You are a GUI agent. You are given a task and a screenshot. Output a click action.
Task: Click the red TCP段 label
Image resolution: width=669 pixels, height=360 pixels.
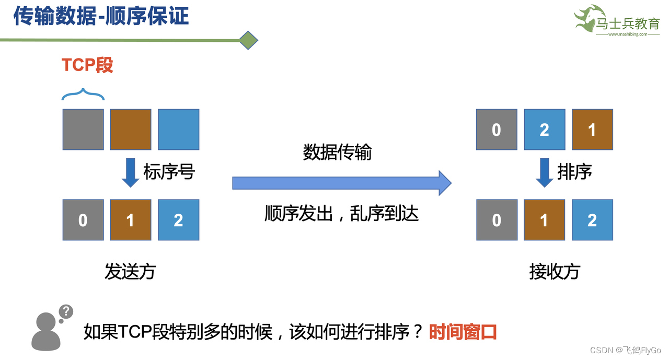coord(87,65)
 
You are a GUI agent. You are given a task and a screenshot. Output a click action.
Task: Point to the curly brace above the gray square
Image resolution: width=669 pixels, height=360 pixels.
coord(83,94)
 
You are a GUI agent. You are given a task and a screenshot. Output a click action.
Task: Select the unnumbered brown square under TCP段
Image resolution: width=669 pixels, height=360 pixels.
coord(131,129)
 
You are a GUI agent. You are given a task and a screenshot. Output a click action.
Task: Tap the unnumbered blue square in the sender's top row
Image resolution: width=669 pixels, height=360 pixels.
coord(178,129)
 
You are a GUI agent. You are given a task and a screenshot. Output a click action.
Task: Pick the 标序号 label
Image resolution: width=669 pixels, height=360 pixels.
coord(169,171)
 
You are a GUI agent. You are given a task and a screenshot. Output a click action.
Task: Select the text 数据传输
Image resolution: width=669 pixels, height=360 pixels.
coord(337,152)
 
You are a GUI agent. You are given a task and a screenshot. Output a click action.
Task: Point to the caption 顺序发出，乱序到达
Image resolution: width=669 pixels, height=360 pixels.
coord(342,213)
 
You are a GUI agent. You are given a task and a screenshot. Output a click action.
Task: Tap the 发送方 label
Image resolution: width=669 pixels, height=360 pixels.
coord(130,271)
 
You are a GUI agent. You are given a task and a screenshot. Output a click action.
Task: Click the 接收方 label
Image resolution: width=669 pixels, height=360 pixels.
coord(555,271)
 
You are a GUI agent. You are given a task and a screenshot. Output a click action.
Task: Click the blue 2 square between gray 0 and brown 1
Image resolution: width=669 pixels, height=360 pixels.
coord(544,130)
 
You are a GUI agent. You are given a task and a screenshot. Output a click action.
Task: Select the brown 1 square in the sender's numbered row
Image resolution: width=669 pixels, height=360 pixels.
coord(131,220)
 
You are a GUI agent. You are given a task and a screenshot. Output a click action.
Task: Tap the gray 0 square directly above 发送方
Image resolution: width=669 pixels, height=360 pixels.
coord(83,220)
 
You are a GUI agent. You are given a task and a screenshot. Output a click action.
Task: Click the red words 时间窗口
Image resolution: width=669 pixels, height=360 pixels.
coord(463,332)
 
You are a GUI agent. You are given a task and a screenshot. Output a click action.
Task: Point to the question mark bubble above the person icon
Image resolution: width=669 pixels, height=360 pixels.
coord(65,312)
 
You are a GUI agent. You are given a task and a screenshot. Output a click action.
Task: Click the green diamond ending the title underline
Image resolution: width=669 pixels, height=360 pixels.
coord(249,40)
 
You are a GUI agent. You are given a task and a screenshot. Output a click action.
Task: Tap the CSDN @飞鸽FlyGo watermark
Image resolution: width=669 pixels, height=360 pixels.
coord(625,350)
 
